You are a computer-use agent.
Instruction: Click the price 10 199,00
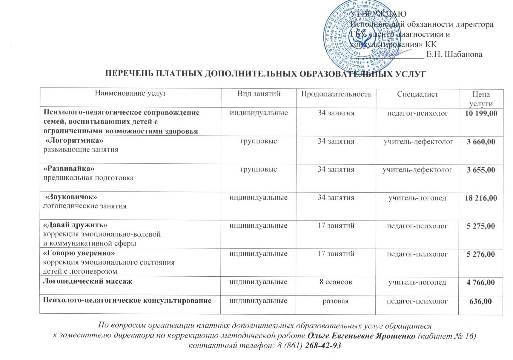point(481,113)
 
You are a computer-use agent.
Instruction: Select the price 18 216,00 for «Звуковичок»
point(481,198)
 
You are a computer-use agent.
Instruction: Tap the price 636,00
point(480,301)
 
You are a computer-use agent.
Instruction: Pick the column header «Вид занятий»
point(259,94)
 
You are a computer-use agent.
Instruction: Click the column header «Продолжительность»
point(336,94)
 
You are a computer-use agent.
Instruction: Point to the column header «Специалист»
point(417,94)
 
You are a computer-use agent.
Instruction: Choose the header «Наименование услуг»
point(130,93)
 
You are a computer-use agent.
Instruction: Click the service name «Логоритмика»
point(74,140)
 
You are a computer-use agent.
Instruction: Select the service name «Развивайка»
point(69,168)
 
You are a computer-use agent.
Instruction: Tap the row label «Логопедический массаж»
point(87,281)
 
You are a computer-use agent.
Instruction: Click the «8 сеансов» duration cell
point(336,282)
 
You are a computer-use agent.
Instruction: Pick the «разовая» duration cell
point(336,301)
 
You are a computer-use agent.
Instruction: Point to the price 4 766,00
point(480,282)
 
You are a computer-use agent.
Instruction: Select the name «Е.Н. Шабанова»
point(454,54)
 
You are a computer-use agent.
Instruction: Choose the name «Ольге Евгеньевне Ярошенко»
point(361,336)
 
